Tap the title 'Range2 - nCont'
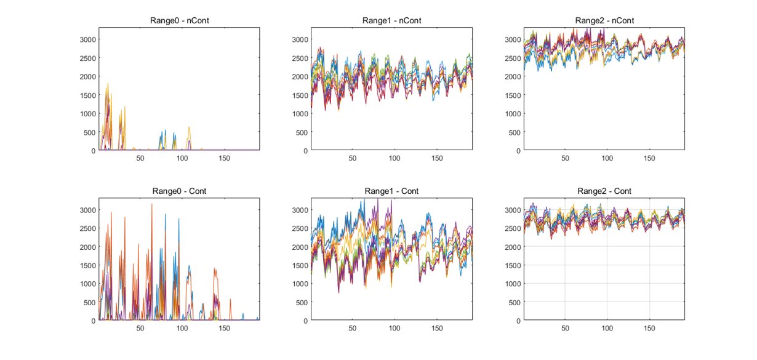tap(604, 20)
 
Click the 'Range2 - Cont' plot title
tap(604, 191)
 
